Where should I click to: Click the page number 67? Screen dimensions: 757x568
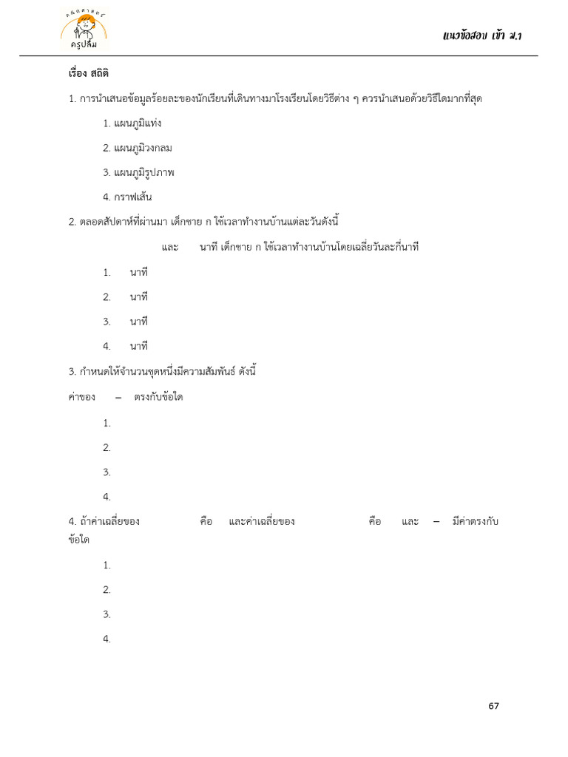(493, 706)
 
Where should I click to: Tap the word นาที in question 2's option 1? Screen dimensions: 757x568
(139, 273)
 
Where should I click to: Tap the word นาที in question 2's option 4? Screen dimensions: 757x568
(139, 346)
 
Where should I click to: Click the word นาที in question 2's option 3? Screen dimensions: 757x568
(139, 322)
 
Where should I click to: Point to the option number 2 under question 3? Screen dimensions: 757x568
(106, 447)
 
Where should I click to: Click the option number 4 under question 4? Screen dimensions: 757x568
(106, 639)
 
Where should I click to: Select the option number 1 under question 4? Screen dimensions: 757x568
(106, 566)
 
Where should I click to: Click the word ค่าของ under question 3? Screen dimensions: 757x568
(81, 398)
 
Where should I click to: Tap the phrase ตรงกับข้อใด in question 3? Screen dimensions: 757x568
(158, 398)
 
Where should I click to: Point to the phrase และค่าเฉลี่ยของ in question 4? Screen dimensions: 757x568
(262, 522)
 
